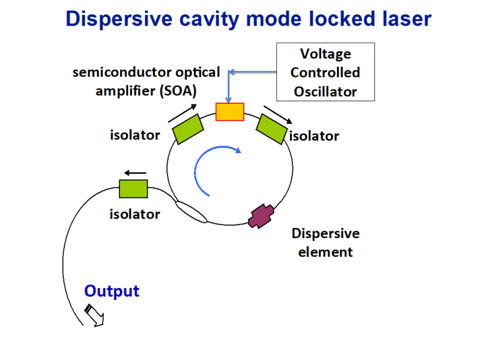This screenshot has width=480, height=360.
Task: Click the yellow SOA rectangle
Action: [230, 111]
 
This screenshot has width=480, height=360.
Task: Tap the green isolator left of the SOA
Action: [187, 128]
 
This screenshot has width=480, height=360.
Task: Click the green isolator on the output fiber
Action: [133, 188]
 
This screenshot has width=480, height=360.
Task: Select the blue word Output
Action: [112, 291]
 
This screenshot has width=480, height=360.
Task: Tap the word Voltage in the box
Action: [326, 54]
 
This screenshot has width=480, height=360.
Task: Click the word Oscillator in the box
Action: [326, 91]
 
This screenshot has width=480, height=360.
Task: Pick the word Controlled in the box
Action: [326, 72]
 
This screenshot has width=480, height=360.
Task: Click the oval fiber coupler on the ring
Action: [191, 211]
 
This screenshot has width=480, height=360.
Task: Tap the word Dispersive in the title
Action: [115, 19]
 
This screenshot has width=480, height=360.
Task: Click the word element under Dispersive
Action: [325, 252]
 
